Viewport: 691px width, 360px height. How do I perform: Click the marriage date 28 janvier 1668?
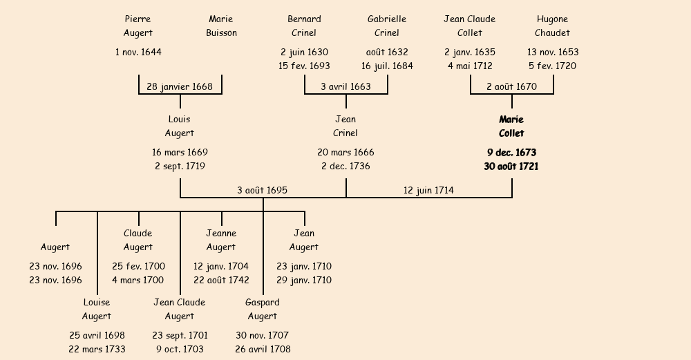click(x=180, y=86)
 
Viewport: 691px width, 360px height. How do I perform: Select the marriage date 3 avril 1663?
click(x=345, y=86)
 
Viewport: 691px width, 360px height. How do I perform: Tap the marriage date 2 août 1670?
click(x=511, y=86)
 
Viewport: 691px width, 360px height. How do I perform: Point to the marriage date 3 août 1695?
click(x=262, y=190)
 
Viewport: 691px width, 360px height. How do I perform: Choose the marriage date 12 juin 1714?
click(x=428, y=190)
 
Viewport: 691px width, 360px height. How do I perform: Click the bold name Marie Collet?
click(x=511, y=126)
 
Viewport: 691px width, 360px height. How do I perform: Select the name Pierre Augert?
click(x=138, y=26)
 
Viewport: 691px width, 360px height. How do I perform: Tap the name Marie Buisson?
click(x=221, y=26)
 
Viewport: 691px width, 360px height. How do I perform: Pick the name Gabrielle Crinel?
click(x=387, y=26)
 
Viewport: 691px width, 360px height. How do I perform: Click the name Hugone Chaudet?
click(x=552, y=26)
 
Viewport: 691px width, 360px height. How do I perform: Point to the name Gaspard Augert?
click(x=263, y=309)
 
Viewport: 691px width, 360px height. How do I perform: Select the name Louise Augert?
click(x=97, y=309)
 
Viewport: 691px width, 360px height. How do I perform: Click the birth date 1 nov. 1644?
click(x=138, y=52)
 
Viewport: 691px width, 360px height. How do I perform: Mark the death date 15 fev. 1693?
click(x=304, y=66)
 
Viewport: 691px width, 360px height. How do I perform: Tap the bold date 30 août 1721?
click(x=511, y=166)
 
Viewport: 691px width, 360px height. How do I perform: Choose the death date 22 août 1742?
click(x=221, y=280)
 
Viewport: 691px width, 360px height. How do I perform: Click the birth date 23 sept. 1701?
click(x=180, y=335)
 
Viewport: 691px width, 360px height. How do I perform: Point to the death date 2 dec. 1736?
click(x=345, y=166)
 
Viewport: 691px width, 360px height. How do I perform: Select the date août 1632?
click(x=387, y=52)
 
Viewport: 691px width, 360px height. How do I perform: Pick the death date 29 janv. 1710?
click(x=304, y=280)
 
